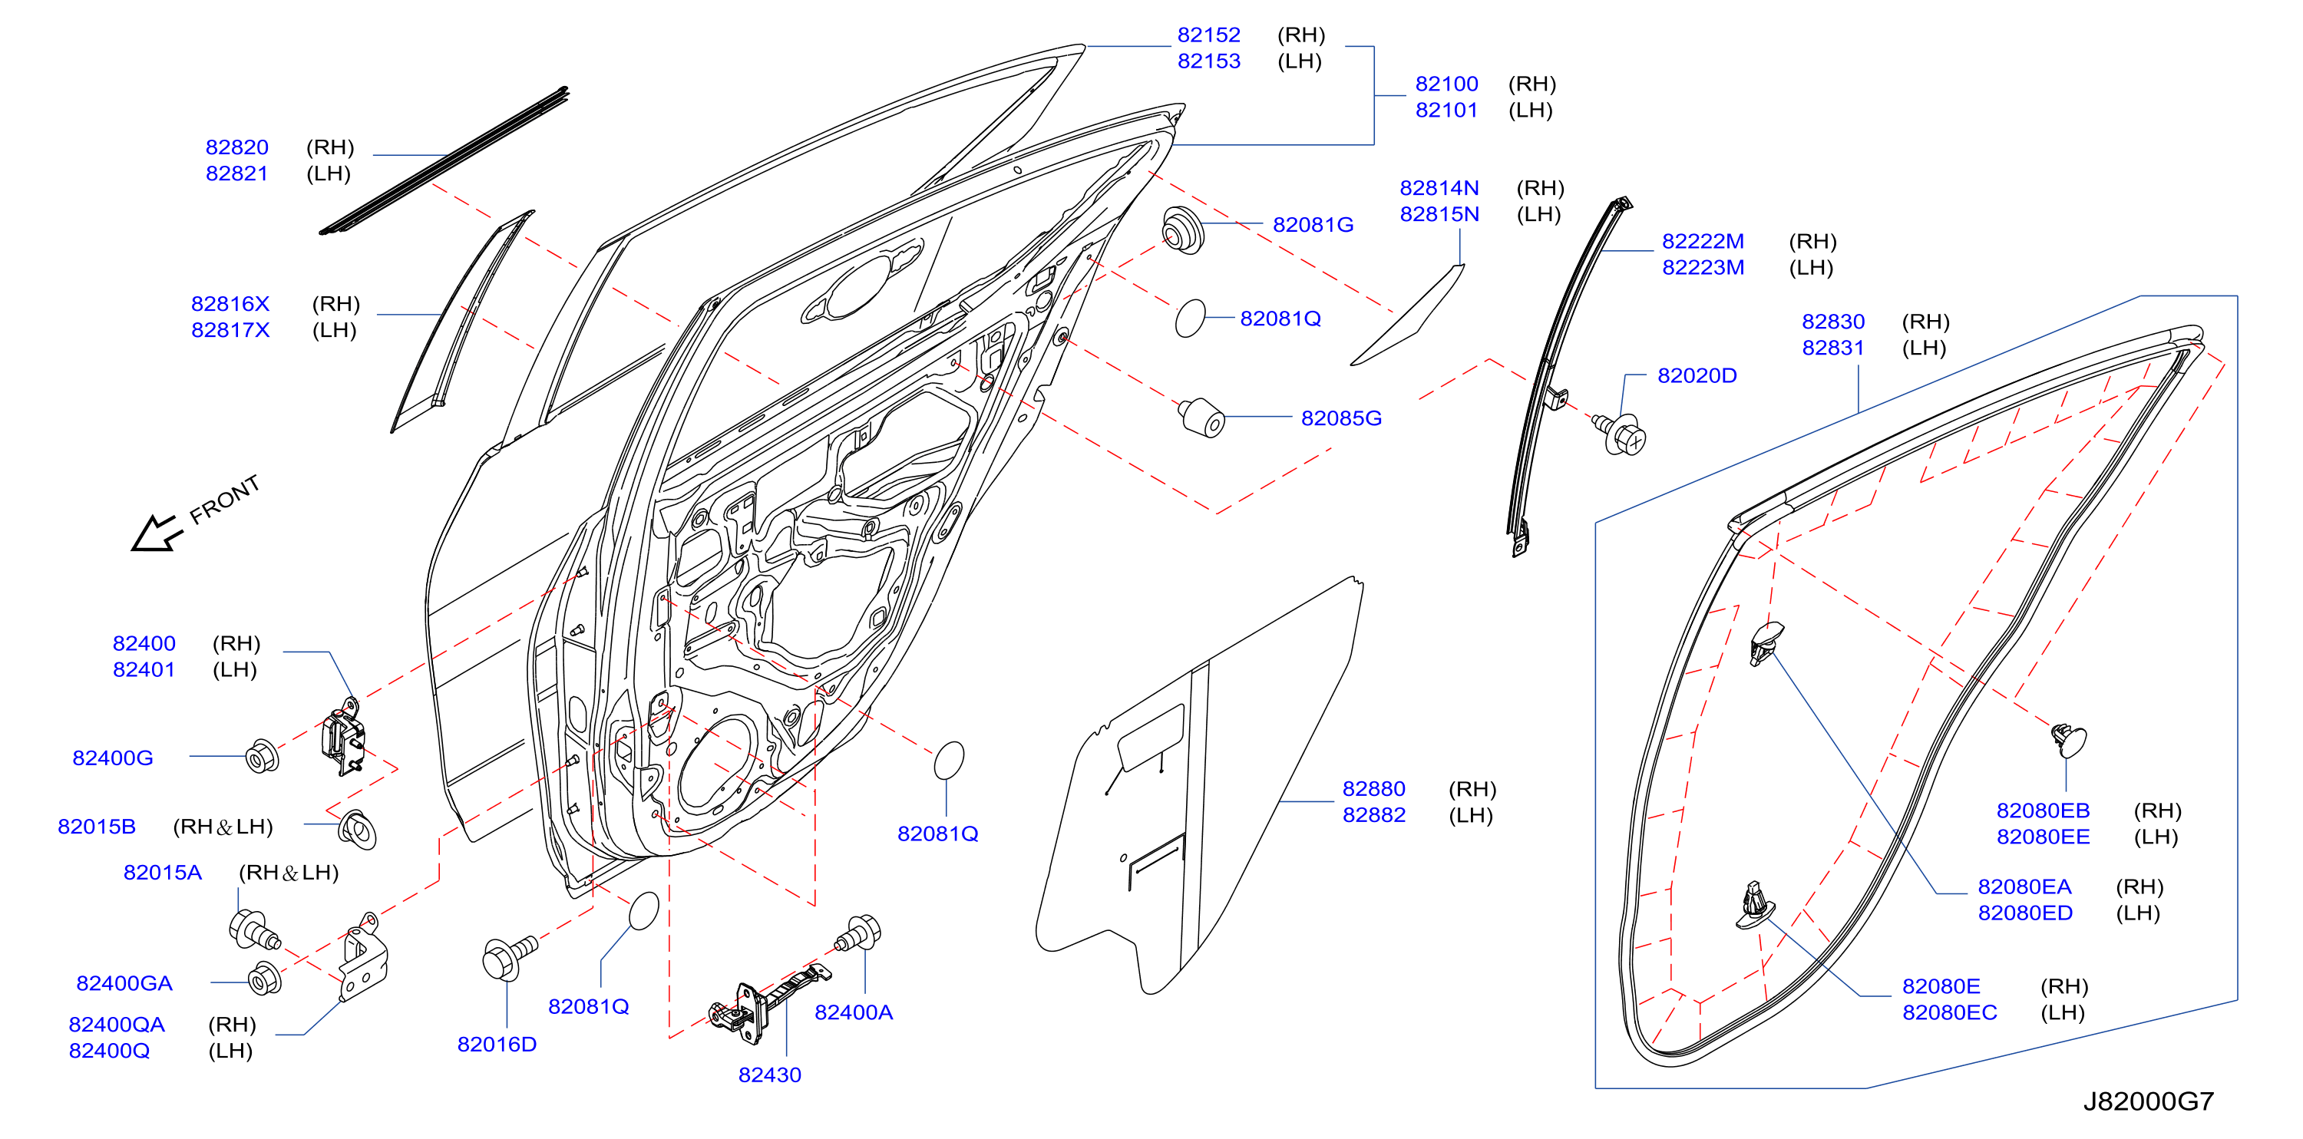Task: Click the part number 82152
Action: pyautogui.click(x=1209, y=35)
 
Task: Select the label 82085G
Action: pyautogui.click(x=1341, y=418)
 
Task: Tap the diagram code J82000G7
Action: pyautogui.click(x=2149, y=1101)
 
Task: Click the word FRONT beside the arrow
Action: pyautogui.click(x=224, y=499)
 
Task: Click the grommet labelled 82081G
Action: pyautogui.click(x=1183, y=229)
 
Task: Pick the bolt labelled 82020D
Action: pyautogui.click(x=1620, y=434)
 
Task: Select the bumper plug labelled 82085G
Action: pyautogui.click(x=1201, y=417)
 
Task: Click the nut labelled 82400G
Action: pyautogui.click(x=262, y=756)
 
